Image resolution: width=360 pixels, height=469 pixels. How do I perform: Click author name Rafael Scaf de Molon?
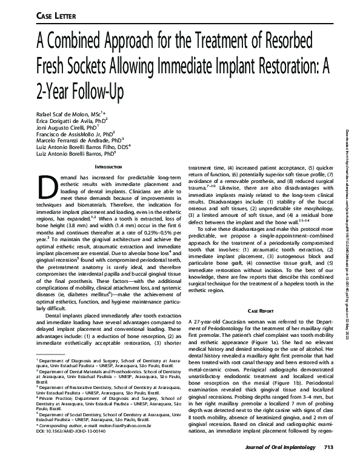coord(76,113)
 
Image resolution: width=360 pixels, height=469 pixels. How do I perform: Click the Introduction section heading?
coord(113,166)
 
